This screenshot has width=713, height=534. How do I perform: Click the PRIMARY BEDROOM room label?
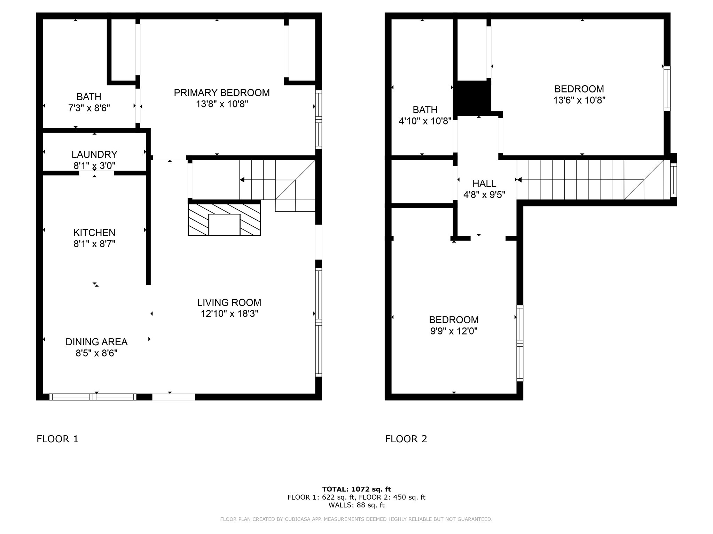(222, 93)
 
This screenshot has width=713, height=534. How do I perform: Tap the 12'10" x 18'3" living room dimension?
(229, 314)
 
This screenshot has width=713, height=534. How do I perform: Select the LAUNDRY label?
(94, 154)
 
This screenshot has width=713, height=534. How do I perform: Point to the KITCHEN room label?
(94, 233)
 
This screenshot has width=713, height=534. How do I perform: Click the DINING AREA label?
(96, 342)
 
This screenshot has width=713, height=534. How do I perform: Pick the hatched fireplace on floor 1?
(224, 220)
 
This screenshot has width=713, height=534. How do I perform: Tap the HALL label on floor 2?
(484, 184)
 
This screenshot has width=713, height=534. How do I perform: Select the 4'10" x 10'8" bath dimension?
(425, 121)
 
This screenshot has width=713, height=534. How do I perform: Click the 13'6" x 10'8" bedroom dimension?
(579, 100)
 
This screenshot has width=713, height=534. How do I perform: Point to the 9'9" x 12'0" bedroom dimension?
(454, 331)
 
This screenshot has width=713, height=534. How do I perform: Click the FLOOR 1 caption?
(57, 439)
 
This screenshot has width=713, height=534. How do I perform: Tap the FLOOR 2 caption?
(406, 439)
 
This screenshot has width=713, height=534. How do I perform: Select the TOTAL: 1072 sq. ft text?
(356, 489)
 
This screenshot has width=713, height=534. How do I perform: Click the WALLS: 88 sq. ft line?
(356, 505)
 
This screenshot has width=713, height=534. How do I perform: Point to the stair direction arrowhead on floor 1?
(242, 180)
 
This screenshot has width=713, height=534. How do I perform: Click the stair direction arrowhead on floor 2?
(519, 180)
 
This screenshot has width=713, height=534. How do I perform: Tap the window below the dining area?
(93, 397)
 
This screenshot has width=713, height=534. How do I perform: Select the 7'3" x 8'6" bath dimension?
(89, 108)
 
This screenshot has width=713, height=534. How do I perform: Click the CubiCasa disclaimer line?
(356, 519)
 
